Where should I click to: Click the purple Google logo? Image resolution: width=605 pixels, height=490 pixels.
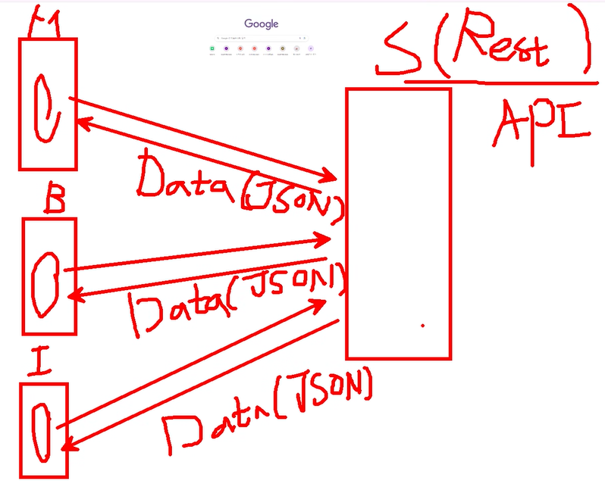[x=261, y=23]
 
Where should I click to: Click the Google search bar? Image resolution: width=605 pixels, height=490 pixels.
[x=260, y=38]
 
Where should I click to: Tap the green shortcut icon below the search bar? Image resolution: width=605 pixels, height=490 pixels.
[x=213, y=49]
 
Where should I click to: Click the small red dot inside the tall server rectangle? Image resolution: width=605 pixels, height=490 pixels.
[x=422, y=325]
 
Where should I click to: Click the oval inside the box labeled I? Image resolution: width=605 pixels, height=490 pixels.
[x=43, y=430]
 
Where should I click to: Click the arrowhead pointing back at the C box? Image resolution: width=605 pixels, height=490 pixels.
[x=78, y=120]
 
